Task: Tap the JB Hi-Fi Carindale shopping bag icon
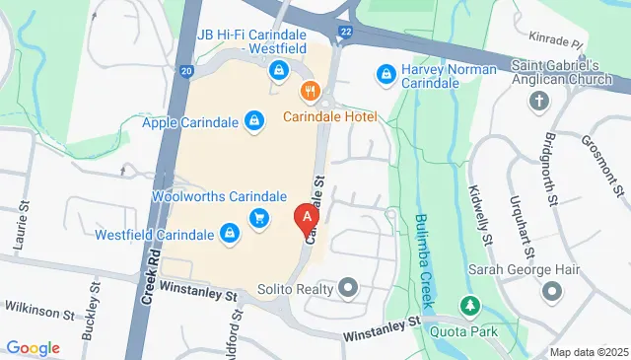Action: (279, 70)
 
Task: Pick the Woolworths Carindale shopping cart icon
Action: (259, 217)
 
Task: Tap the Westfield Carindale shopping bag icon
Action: (229, 234)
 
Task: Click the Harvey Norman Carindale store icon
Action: (386, 73)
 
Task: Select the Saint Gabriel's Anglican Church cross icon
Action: (538, 101)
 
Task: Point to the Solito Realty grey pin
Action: (346, 289)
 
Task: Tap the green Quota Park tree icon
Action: (470, 305)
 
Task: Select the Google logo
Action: (33, 347)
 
